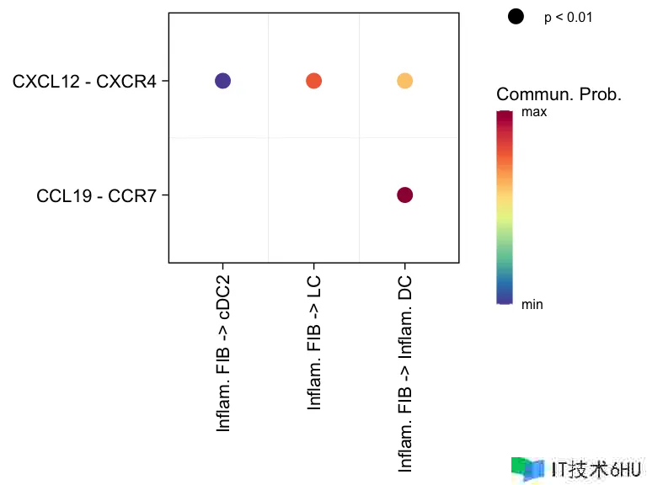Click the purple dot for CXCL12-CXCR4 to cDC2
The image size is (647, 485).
pyautogui.click(x=222, y=81)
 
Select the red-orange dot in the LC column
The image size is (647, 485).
pyautogui.click(x=313, y=81)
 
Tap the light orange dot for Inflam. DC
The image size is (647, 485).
pyautogui.click(x=404, y=81)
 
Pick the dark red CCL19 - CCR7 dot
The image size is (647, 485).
pyautogui.click(x=404, y=195)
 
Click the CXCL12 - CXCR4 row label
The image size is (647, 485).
pyautogui.click(x=84, y=82)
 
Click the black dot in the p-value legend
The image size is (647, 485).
pyautogui.click(x=516, y=16)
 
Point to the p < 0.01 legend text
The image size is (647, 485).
pyautogui.click(x=569, y=17)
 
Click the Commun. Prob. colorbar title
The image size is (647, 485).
pyautogui.click(x=559, y=95)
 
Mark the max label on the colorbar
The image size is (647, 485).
pyautogui.click(x=535, y=111)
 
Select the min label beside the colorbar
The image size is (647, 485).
pyautogui.click(x=532, y=305)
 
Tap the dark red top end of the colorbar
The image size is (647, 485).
pyautogui.click(x=505, y=115)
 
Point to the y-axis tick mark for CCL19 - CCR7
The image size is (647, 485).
pyautogui.click(x=166, y=195)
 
